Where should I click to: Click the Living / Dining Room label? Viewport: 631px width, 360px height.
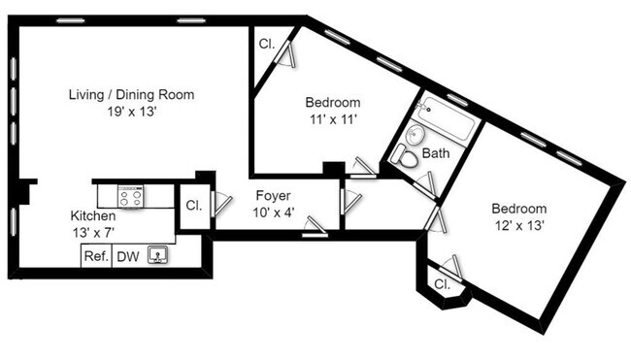(x=131, y=95)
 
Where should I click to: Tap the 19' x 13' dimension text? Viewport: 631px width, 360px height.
(x=131, y=112)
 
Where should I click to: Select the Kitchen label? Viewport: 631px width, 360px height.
(x=93, y=215)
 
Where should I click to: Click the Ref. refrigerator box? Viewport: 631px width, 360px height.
(x=95, y=256)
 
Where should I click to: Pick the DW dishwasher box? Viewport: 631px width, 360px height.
(x=128, y=256)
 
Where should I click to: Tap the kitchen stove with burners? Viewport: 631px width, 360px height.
(x=131, y=196)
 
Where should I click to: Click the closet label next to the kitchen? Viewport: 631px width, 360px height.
(x=192, y=206)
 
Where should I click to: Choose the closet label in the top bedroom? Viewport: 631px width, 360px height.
(x=266, y=45)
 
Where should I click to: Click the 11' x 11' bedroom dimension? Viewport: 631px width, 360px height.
(x=333, y=119)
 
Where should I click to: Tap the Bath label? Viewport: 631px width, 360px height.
(x=436, y=153)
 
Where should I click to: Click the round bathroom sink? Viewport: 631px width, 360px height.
(x=416, y=135)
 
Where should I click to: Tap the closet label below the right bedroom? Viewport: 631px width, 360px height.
(x=443, y=284)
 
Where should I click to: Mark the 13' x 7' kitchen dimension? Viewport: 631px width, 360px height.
(x=93, y=232)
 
